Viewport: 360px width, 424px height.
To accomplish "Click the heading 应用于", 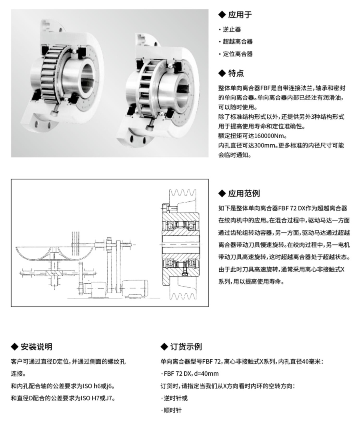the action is [240, 15].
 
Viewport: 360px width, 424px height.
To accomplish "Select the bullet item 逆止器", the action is [232, 30].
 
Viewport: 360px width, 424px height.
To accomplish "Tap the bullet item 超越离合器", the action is [238, 42].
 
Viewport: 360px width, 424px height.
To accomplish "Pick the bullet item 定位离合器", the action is [238, 54].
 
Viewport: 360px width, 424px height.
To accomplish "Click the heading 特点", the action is [236, 73].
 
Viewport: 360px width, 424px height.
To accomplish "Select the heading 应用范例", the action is [244, 193].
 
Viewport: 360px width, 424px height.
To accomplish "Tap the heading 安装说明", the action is [36, 346].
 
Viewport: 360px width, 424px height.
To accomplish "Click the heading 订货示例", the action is [186, 346].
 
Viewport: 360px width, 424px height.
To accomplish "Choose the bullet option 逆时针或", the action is [175, 398].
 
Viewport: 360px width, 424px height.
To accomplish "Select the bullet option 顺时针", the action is [172, 410].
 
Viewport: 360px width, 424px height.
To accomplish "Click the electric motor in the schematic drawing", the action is [134, 288].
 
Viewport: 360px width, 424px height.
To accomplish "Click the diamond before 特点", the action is [222, 73].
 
